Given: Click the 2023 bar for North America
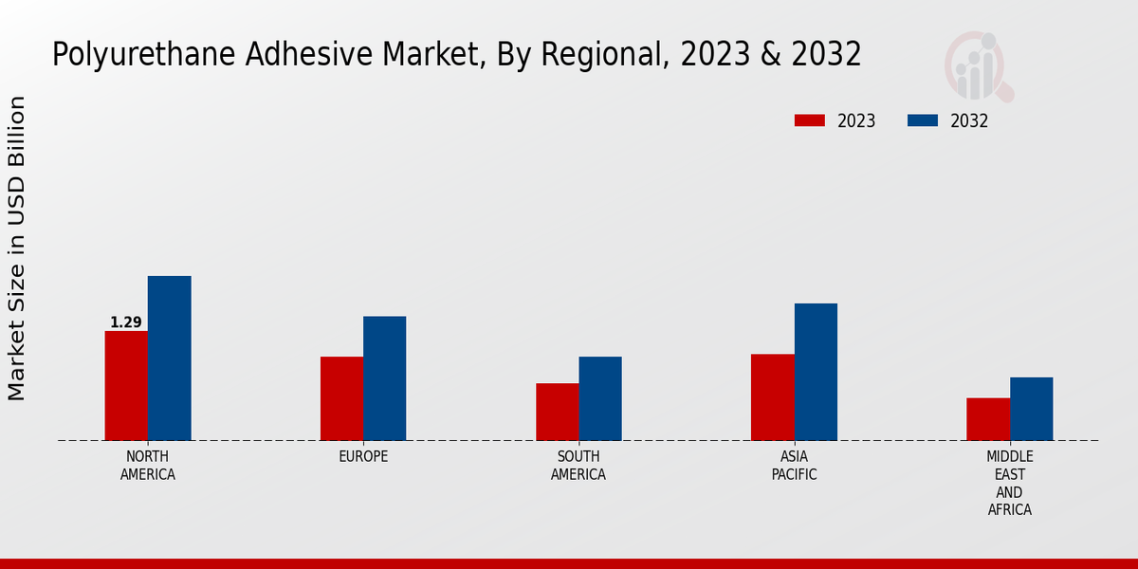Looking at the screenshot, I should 126,385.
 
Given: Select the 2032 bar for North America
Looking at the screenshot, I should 169,358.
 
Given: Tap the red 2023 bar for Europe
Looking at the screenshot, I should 341,398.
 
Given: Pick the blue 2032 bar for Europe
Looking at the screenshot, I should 384,377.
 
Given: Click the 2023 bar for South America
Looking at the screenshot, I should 557,412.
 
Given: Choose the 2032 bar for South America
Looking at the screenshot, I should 600,398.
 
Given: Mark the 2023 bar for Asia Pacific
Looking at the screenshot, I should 772,396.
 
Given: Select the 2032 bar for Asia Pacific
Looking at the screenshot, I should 816,372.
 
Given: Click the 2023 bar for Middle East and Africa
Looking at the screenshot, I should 988,418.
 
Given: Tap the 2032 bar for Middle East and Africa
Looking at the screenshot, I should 1031,409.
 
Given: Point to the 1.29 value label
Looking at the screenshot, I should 126,322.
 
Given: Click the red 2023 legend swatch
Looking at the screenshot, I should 810,120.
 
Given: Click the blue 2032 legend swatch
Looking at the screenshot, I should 923,120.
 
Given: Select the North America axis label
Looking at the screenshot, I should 148,466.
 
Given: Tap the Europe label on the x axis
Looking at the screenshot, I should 363,457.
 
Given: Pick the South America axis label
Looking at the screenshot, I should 578,466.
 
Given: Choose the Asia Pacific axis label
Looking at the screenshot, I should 794,466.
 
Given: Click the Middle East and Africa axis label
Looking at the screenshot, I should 1009,484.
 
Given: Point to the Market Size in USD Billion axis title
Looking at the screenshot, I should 17,248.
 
